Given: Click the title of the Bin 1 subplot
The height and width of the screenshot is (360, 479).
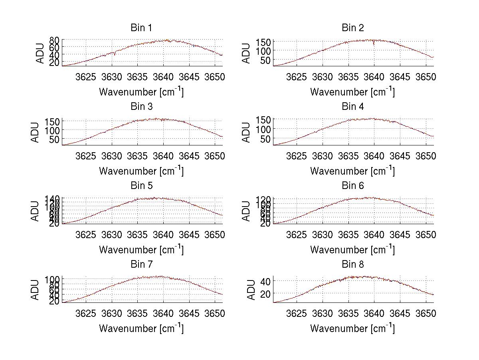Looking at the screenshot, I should pyautogui.click(x=141, y=28).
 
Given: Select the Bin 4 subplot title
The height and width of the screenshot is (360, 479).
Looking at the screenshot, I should pyautogui.click(x=352, y=107).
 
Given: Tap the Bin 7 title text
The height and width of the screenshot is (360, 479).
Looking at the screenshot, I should pyautogui.click(x=141, y=265).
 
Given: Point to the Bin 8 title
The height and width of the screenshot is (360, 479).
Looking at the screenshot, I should pyautogui.click(x=352, y=265).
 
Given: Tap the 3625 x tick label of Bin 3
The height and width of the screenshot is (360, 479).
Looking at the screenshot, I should pyautogui.click(x=86, y=155).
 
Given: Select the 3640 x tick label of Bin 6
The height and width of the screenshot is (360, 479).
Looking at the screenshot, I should pyautogui.click(x=374, y=235).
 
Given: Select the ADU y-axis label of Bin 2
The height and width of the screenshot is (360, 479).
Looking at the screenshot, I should pyautogui.click(x=246, y=53).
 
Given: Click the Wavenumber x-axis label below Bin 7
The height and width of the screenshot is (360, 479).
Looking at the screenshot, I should pyautogui.click(x=141, y=328).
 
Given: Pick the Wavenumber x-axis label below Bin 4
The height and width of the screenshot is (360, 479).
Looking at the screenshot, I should pyautogui.click(x=352, y=171).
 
